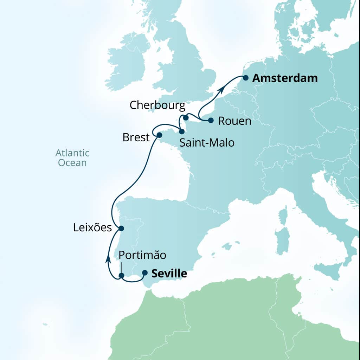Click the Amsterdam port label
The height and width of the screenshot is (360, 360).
285,78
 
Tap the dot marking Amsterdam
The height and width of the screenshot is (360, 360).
246,78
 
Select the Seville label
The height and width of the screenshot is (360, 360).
169,274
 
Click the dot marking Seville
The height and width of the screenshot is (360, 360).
144,272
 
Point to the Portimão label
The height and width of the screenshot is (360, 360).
142,255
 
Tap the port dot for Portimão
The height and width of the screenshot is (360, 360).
121,276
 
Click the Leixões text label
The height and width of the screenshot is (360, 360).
92,228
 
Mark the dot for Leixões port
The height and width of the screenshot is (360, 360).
121,228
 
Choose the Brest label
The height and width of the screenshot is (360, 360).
136,137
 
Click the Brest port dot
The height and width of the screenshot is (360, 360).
159,135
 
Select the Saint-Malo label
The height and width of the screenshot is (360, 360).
207,143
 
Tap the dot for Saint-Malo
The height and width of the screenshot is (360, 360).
182,131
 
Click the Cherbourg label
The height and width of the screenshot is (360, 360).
157,105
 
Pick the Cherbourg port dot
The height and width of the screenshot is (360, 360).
186,117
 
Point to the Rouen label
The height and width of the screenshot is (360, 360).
235,121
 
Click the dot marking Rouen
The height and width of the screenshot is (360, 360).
211,120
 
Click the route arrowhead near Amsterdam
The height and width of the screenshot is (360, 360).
221,90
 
